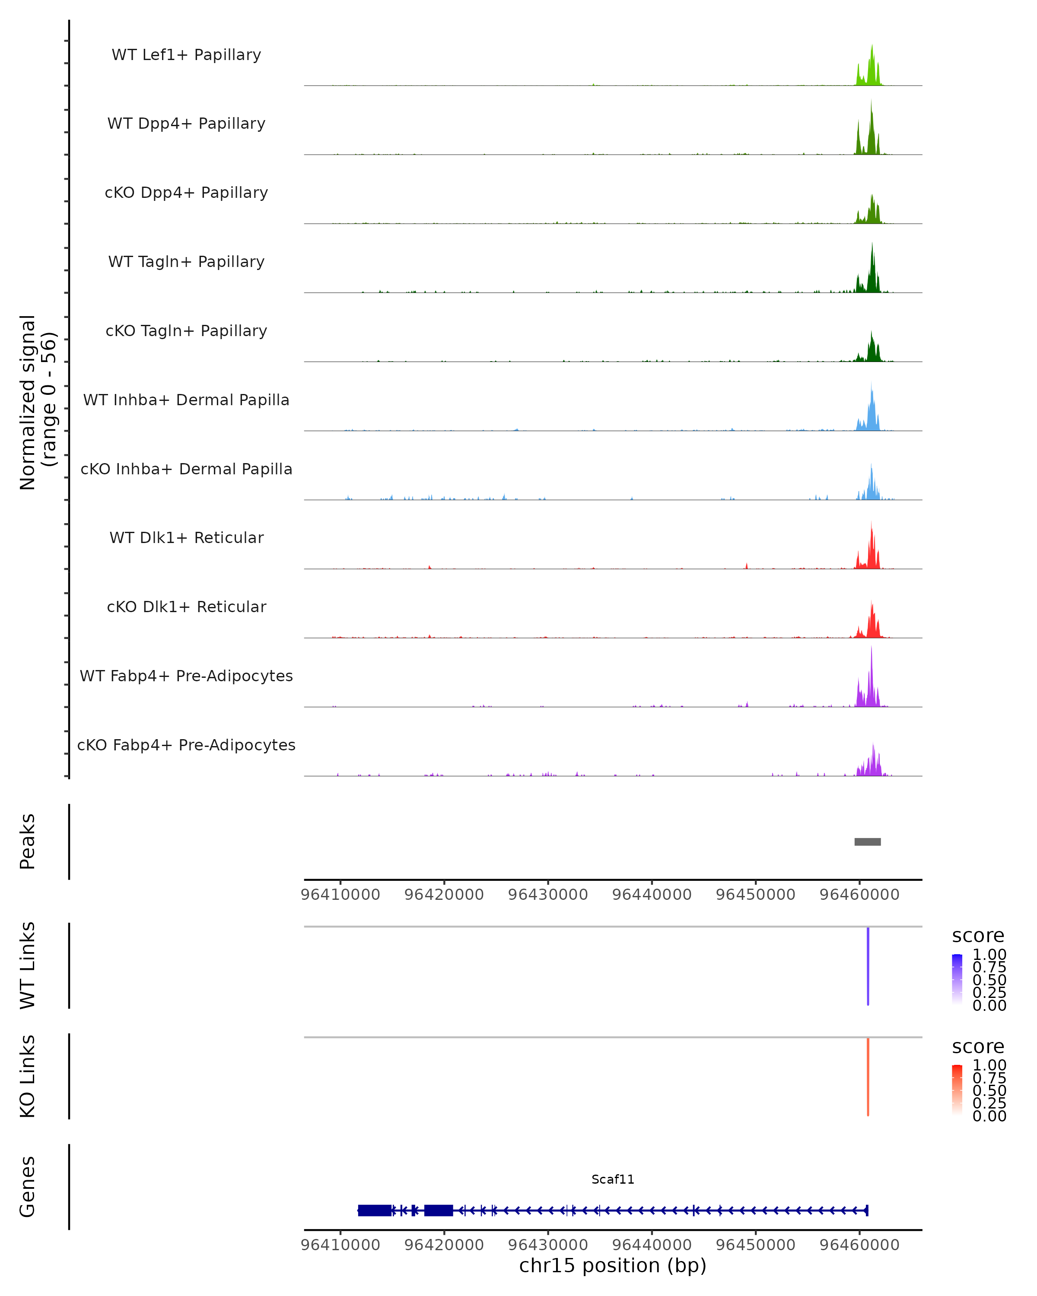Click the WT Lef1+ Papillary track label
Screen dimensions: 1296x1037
[x=186, y=55]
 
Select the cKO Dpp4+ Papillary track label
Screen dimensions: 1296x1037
[x=186, y=193]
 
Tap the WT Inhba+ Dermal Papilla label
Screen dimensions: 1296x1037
[x=186, y=400]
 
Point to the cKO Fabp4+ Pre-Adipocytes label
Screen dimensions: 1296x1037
[x=186, y=745]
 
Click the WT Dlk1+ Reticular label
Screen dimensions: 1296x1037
[x=186, y=538]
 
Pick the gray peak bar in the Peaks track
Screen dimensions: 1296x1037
[x=868, y=842]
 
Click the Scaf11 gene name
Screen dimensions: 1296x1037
[x=613, y=1179]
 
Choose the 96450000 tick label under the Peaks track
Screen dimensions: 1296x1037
[x=756, y=895]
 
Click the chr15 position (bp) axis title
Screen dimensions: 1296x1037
[x=613, y=1266]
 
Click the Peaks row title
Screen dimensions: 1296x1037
[x=28, y=842]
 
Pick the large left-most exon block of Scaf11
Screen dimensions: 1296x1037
[x=375, y=1210]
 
